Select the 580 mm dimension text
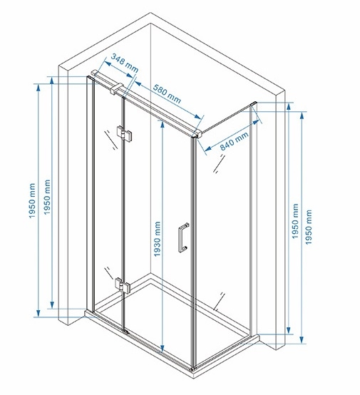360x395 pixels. point(168,93)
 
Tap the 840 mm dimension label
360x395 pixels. point(235,141)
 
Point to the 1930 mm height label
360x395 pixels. point(158,239)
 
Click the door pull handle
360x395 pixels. point(183,237)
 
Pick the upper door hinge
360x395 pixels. point(125,134)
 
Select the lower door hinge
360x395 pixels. point(123,285)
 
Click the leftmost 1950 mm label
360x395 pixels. point(32,201)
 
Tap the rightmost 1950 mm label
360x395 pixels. point(308,227)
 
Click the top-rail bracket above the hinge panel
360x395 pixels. point(116,88)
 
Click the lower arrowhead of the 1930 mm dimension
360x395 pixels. point(163,349)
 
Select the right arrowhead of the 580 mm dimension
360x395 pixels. point(198,116)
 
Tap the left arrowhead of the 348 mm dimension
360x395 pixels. point(108,63)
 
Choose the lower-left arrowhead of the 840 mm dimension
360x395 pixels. point(208,149)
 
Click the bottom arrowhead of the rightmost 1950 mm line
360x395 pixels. point(302,339)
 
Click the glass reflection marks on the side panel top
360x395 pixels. point(219,164)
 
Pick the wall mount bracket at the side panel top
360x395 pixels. point(254,104)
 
